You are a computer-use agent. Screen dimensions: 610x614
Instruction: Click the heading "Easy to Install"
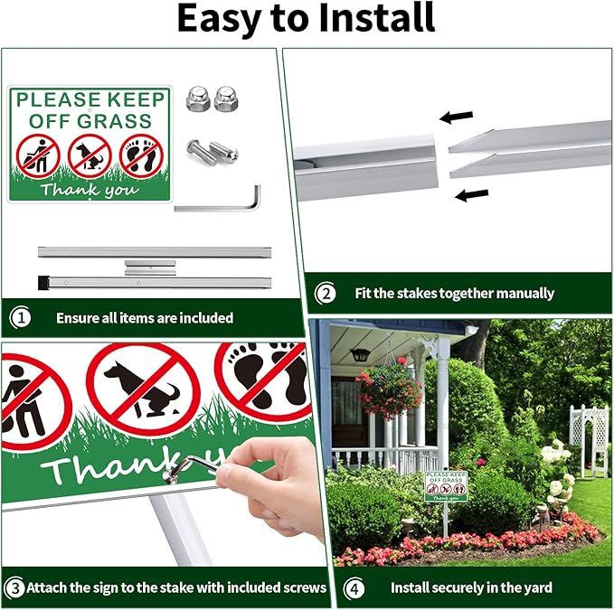(x=306, y=20)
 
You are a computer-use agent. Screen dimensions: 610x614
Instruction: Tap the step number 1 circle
(x=21, y=317)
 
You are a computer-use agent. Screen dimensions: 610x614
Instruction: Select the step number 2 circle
(x=325, y=293)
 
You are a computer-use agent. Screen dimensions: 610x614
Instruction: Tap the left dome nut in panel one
(x=197, y=99)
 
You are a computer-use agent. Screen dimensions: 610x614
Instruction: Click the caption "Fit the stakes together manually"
(x=455, y=293)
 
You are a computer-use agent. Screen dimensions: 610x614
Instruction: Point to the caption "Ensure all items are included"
(x=145, y=317)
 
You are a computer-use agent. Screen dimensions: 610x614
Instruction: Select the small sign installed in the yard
(x=446, y=486)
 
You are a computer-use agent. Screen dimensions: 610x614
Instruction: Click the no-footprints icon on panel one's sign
(x=140, y=155)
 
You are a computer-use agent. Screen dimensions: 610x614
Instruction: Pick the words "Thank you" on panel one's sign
(x=88, y=191)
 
